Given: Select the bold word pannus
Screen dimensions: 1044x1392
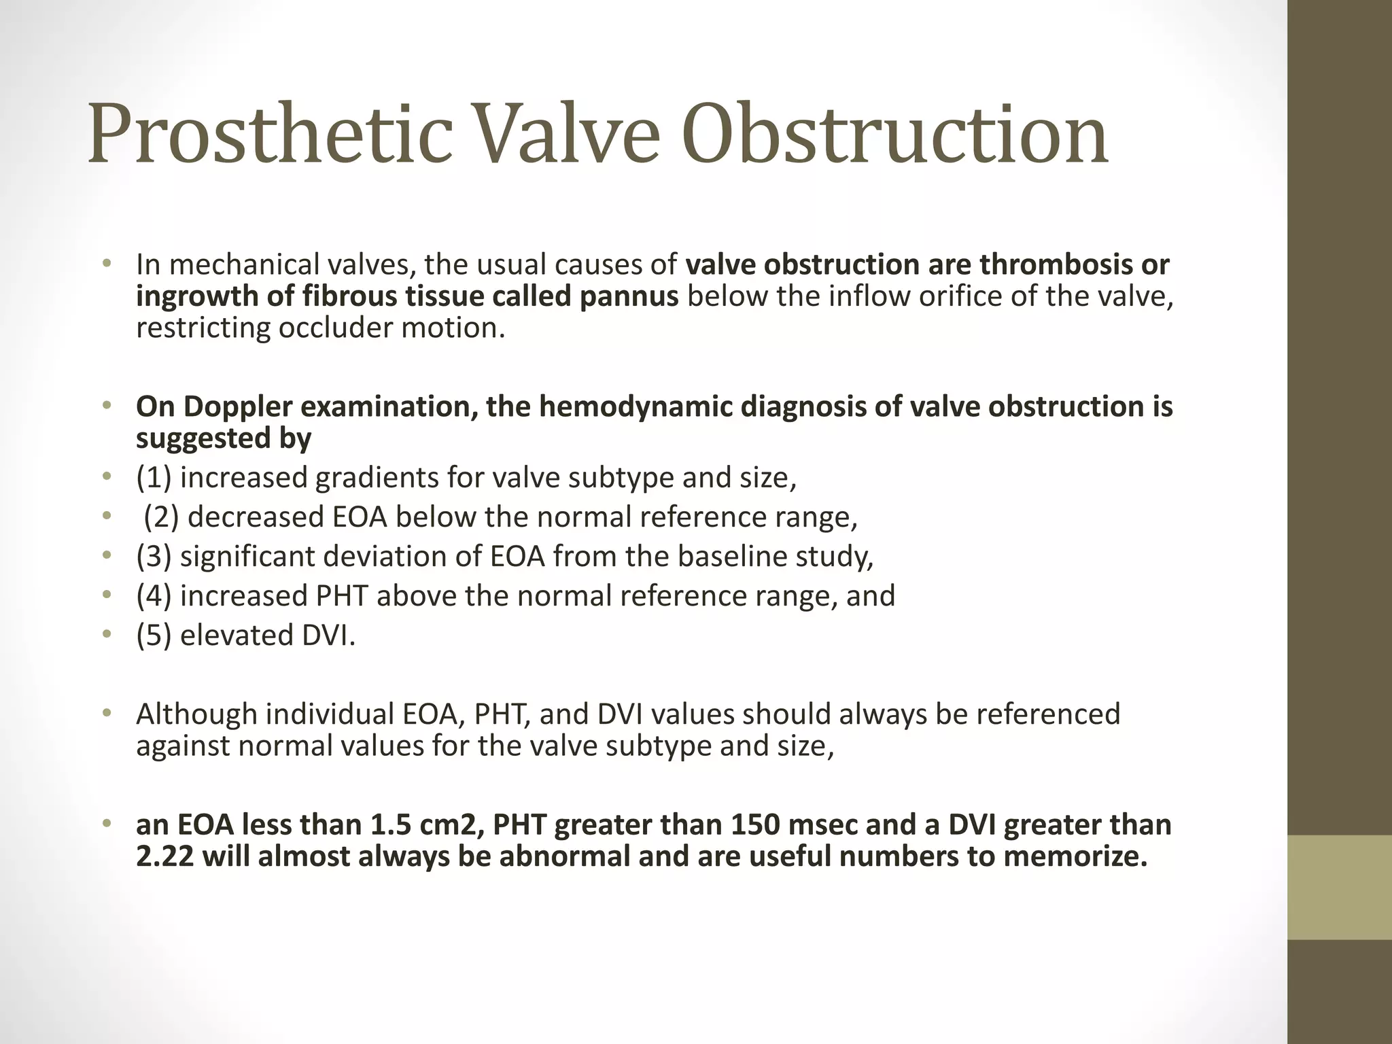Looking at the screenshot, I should click(629, 296).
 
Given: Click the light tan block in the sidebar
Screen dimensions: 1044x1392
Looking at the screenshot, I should click(1340, 887).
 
